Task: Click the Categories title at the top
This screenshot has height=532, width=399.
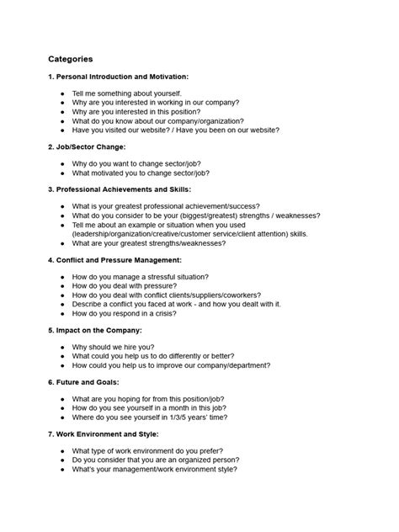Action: point(71,60)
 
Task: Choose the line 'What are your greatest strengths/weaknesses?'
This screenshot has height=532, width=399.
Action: point(148,243)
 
